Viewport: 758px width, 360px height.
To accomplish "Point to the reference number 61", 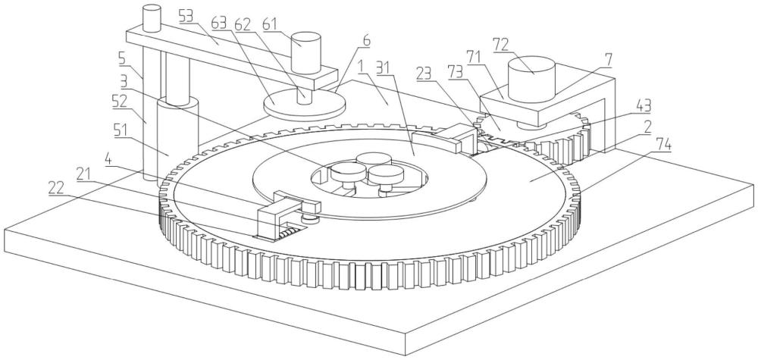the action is tap(271, 23).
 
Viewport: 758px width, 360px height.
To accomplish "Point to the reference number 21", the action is tap(83, 175).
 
